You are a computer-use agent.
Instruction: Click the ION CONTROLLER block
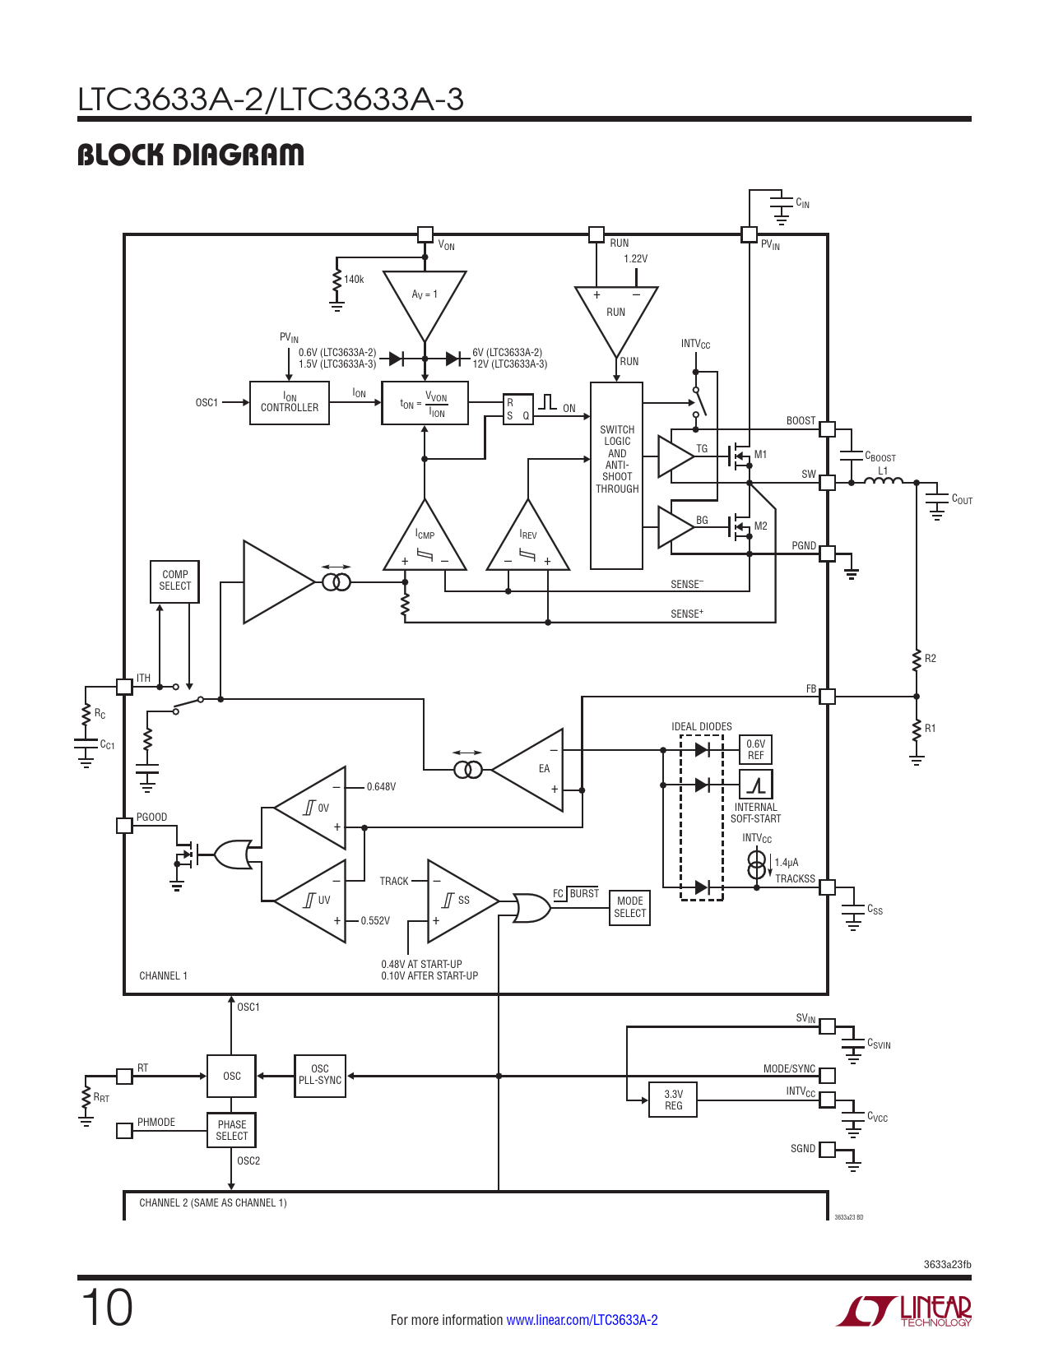click(290, 403)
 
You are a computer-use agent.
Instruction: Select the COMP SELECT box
click(175, 581)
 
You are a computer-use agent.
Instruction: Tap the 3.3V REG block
click(673, 1100)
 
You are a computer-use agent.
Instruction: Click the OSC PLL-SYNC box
click(320, 1076)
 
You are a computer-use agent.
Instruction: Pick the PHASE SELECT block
click(232, 1130)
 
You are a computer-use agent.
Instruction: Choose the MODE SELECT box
click(629, 907)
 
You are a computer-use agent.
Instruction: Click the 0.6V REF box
click(756, 749)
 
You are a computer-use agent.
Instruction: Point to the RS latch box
click(518, 409)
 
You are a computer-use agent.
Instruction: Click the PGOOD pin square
click(124, 826)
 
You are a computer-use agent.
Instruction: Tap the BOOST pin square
click(827, 429)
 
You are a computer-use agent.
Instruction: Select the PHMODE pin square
click(124, 1130)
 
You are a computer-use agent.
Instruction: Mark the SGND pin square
click(827, 1149)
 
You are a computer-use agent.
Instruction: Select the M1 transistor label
click(760, 455)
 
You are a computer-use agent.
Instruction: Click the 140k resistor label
click(354, 279)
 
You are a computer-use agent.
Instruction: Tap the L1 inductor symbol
click(883, 480)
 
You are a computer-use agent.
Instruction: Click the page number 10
click(107, 1307)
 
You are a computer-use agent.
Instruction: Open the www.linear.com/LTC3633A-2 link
click(582, 1319)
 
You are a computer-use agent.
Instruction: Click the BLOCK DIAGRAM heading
click(191, 155)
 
